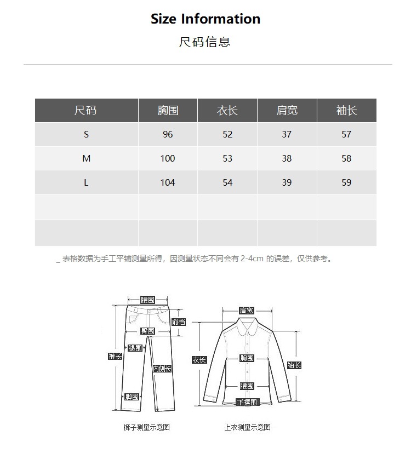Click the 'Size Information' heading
click(x=206, y=19)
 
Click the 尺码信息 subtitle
click(x=205, y=42)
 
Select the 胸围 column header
click(x=168, y=110)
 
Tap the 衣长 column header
click(x=227, y=110)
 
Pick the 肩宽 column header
click(x=287, y=110)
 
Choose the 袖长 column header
click(x=346, y=110)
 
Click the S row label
click(x=86, y=134)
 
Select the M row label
click(x=86, y=158)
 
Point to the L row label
click(x=86, y=182)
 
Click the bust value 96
click(x=168, y=134)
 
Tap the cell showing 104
click(x=168, y=182)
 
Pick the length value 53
click(x=227, y=158)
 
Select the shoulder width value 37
click(x=287, y=134)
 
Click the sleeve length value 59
click(x=346, y=182)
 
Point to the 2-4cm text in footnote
click(x=252, y=259)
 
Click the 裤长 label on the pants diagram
click(x=115, y=357)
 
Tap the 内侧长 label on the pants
click(x=162, y=369)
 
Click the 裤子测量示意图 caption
click(x=146, y=427)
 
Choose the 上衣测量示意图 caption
click(x=247, y=427)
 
